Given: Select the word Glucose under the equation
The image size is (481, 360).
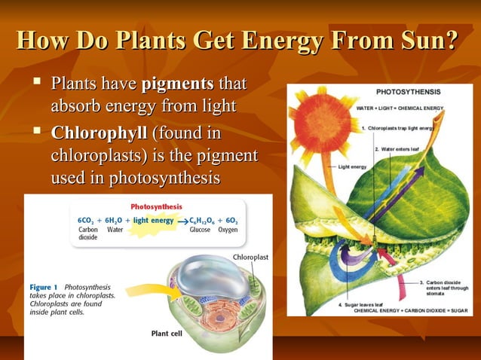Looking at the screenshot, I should coord(200,230).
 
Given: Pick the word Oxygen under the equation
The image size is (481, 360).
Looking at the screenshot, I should coord(228,230).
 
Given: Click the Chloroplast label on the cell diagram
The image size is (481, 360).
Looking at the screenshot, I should coord(250,258).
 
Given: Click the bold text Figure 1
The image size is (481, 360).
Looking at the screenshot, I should coord(45,287).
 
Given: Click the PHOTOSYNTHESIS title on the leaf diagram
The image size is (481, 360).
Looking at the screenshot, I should coord(408,91).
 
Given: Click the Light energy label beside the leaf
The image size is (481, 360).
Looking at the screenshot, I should coord(353,166).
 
